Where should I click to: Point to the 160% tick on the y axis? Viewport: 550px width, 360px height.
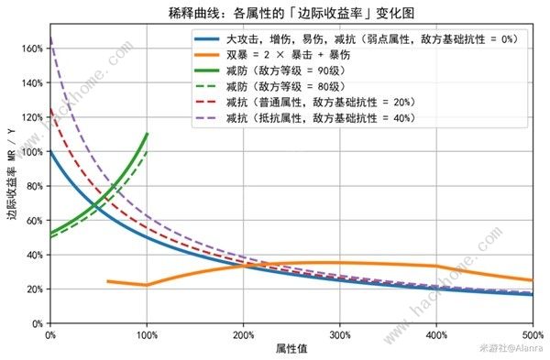click(x=32, y=48)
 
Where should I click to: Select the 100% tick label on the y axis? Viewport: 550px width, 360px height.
click(x=32, y=151)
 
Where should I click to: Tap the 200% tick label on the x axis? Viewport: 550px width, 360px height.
click(x=243, y=334)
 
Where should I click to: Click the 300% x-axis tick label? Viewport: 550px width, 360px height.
click(x=339, y=334)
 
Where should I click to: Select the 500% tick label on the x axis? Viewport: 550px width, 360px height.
click(x=532, y=334)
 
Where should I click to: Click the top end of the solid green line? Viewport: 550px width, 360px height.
click(x=147, y=134)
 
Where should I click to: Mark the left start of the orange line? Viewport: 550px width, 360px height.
click(x=108, y=281)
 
